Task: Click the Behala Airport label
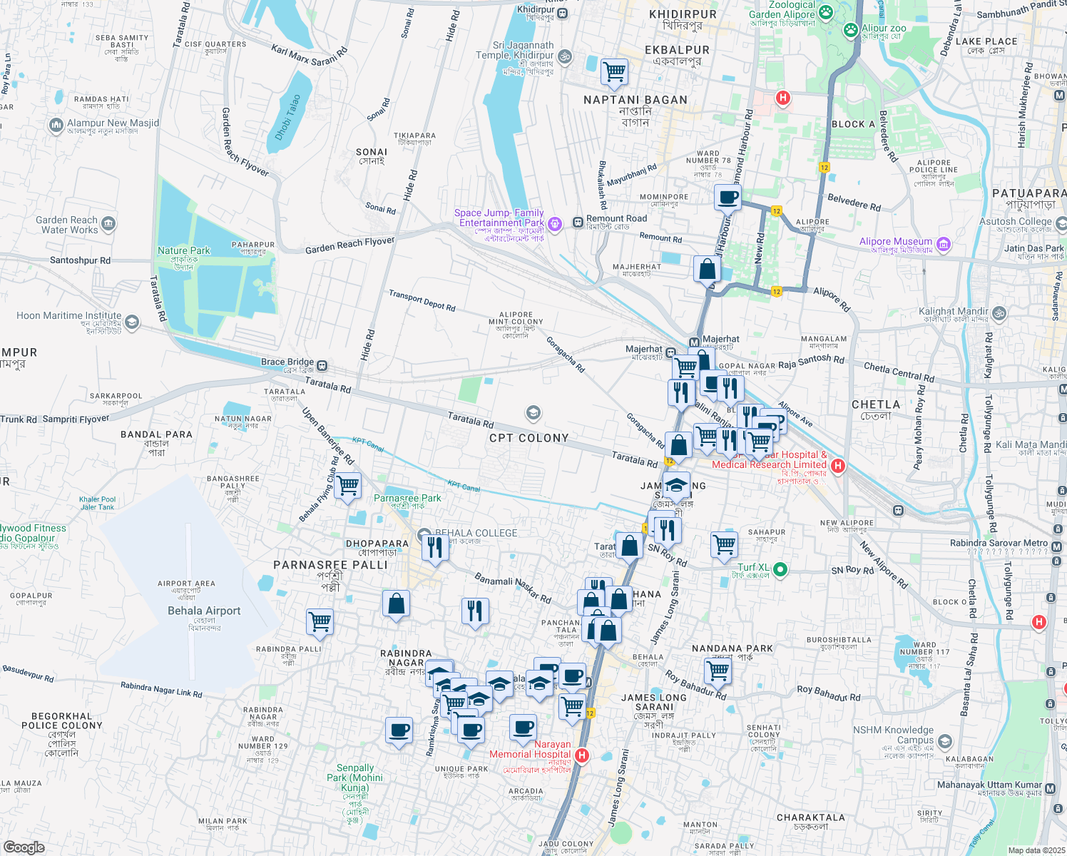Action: [x=204, y=611]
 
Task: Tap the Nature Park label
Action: [x=184, y=251]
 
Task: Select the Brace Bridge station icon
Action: [x=322, y=366]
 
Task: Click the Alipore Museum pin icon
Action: [x=944, y=245]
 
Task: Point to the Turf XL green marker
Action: [x=780, y=569]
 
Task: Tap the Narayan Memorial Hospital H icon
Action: [x=582, y=755]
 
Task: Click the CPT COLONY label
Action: [x=529, y=438]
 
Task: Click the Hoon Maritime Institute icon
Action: [x=131, y=322]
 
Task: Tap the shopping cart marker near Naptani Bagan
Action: [x=614, y=71]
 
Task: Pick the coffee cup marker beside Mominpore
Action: [x=727, y=197]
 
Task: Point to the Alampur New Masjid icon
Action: [x=56, y=126]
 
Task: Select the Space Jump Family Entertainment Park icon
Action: [x=556, y=224]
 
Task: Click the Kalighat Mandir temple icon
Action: [x=999, y=312]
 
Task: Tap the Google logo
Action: [x=24, y=847]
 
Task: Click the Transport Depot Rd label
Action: [x=422, y=300]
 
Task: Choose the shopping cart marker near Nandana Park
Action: [x=718, y=671]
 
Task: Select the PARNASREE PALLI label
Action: [x=330, y=565]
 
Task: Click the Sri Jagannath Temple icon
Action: [x=565, y=56]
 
